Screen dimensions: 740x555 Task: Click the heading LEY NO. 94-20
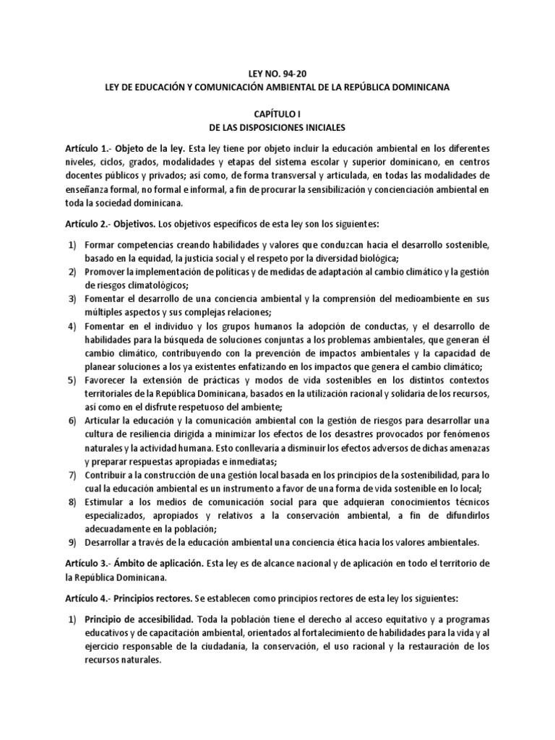tap(277, 73)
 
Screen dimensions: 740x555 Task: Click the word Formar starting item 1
tap(99, 246)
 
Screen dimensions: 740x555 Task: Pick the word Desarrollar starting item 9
tap(109, 541)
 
